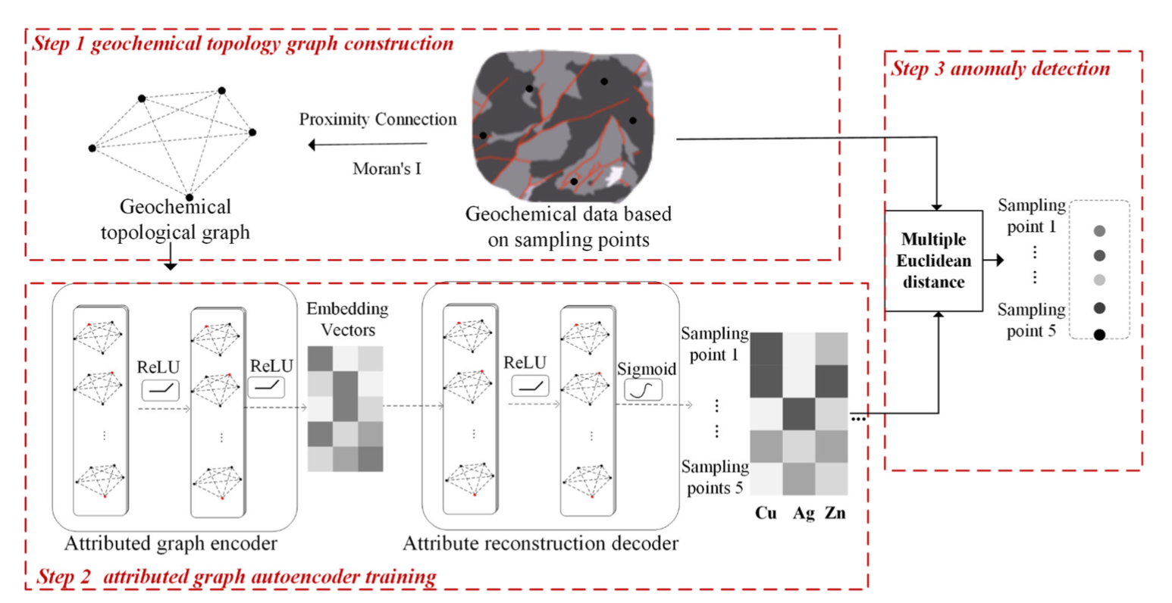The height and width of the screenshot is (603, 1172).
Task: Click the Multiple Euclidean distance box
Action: (x=933, y=261)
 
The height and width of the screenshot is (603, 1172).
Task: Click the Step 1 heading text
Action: (x=243, y=43)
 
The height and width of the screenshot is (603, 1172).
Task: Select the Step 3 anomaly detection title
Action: (x=1000, y=69)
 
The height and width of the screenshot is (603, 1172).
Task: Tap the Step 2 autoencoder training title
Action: (x=237, y=577)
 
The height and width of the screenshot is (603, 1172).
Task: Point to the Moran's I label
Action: (x=387, y=169)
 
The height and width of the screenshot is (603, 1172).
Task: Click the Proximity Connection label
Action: (x=378, y=120)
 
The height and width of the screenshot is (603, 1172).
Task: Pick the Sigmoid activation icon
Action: (x=643, y=390)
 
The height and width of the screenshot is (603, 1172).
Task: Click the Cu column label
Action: (x=766, y=514)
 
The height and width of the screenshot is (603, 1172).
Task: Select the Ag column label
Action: (x=804, y=514)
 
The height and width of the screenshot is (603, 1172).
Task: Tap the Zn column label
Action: (x=835, y=514)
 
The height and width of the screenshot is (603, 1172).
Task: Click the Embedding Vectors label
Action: (x=347, y=319)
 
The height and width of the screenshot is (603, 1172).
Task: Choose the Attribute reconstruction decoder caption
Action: (x=540, y=543)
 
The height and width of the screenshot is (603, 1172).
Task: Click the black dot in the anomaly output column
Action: (x=1099, y=334)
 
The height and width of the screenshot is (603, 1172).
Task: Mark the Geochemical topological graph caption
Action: (x=175, y=220)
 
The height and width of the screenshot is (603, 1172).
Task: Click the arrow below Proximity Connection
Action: (x=368, y=145)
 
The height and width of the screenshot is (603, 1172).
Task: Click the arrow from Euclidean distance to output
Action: (x=993, y=261)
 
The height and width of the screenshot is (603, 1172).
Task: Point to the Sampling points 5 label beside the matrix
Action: (x=714, y=477)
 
